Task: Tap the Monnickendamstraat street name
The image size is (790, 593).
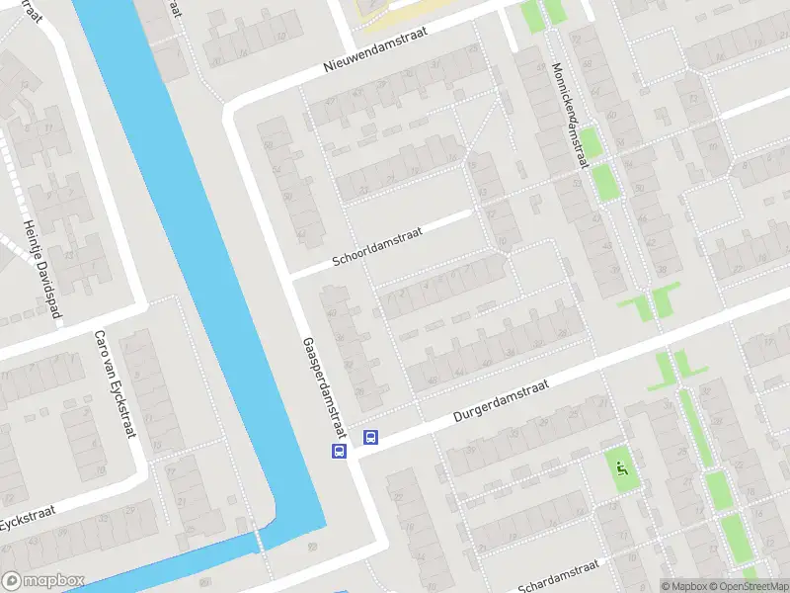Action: [x=570, y=117]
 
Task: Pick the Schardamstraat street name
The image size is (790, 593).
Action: [x=559, y=572]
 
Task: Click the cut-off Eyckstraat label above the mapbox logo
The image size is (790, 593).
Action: [x=26, y=519]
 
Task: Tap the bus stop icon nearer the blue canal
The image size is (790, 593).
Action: [x=339, y=451]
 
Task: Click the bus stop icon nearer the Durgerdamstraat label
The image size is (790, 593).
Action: [x=371, y=437]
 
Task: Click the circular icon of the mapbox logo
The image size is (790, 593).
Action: [x=12, y=581]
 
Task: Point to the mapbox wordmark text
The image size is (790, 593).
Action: [x=54, y=581]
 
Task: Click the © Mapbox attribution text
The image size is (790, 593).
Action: [x=682, y=586]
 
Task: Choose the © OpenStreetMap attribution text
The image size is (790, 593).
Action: [x=748, y=586]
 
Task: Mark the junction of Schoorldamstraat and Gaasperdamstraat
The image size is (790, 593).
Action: [x=292, y=274]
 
